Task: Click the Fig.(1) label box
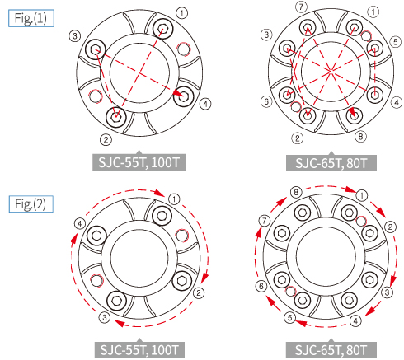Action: [x=31, y=18]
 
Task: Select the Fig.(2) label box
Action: [x=31, y=203]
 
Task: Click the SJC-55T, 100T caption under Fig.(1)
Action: [x=139, y=162]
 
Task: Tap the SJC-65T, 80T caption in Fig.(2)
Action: [x=331, y=350]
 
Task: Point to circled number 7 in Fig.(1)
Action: [x=301, y=7]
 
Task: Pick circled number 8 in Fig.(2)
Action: [x=296, y=192]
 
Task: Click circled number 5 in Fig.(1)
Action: [x=396, y=42]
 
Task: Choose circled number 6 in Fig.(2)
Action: [x=261, y=286]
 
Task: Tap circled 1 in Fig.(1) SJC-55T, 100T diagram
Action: [x=182, y=13]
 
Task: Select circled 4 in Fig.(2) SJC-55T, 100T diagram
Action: [x=80, y=224]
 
